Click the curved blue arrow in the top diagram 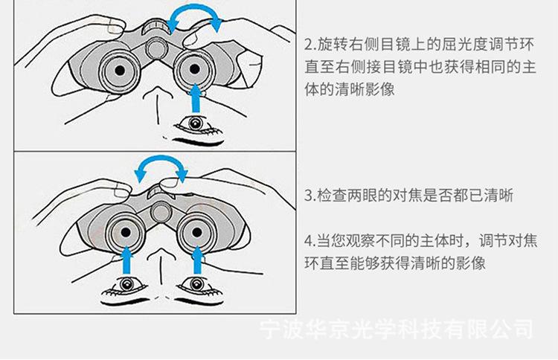[194, 16]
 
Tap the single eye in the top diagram [195, 123]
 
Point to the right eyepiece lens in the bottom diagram [199, 231]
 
